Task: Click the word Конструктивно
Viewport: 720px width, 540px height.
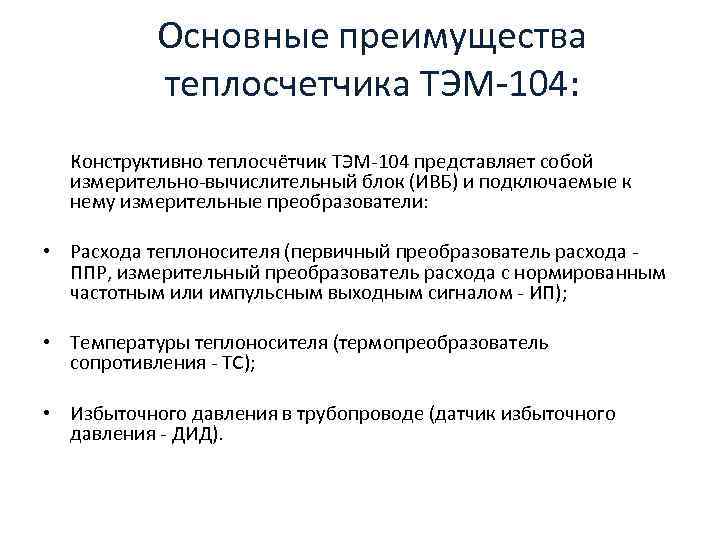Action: click(135, 161)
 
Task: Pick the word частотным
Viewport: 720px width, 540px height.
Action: click(113, 293)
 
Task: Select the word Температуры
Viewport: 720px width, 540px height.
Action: click(122, 343)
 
